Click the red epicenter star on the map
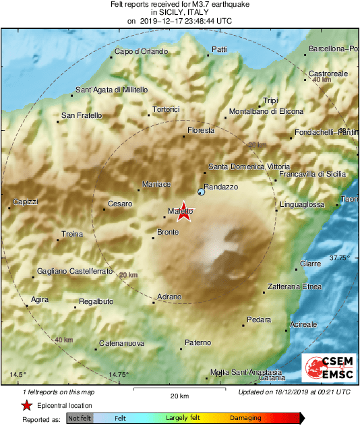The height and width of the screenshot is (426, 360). pyautogui.click(x=183, y=212)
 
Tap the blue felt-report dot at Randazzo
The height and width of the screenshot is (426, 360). pyautogui.click(x=201, y=193)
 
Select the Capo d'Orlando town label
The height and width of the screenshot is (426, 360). pyautogui.click(x=140, y=52)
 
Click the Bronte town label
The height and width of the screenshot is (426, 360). pyautogui.click(x=167, y=233)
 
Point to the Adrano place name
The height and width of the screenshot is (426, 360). pyautogui.click(x=169, y=297)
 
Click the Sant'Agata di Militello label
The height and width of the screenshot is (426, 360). pyautogui.click(x=111, y=90)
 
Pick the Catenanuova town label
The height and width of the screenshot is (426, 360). pyautogui.click(x=122, y=344)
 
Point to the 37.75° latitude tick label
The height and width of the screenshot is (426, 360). pyautogui.click(x=340, y=258)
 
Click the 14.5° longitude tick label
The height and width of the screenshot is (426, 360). pyautogui.click(x=18, y=375)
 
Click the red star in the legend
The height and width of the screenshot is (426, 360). pyautogui.click(x=26, y=405)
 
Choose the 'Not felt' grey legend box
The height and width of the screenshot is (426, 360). pyautogui.click(x=80, y=419)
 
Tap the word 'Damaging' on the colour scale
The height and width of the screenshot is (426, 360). pyautogui.click(x=245, y=419)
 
